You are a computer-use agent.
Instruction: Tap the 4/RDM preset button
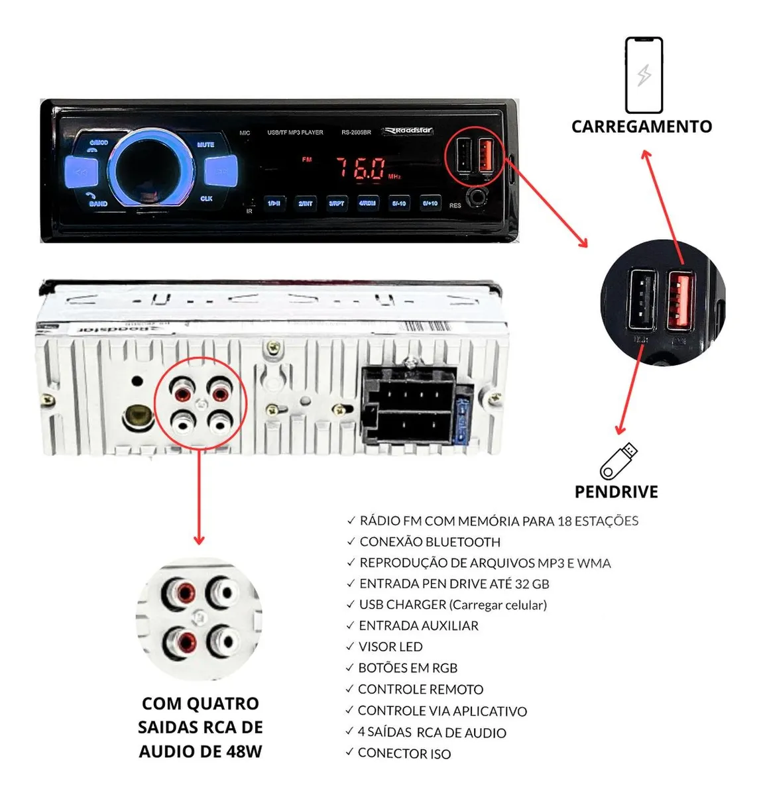tap(367, 203)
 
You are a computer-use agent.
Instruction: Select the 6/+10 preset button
tap(430, 203)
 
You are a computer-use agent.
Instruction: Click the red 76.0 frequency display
tap(361, 168)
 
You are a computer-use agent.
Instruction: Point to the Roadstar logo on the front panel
tap(408, 131)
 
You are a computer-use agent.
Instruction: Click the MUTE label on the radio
tap(205, 144)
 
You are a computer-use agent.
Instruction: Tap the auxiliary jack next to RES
tap(477, 197)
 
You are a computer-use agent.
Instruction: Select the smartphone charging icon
tap(644, 75)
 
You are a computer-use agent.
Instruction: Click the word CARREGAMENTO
tap(642, 127)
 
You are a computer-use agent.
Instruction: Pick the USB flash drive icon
tap(618, 461)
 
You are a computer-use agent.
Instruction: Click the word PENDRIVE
tap(616, 492)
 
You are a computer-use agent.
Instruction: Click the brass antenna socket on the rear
tap(138, 417)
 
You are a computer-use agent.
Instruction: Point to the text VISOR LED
tap(390, 647)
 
